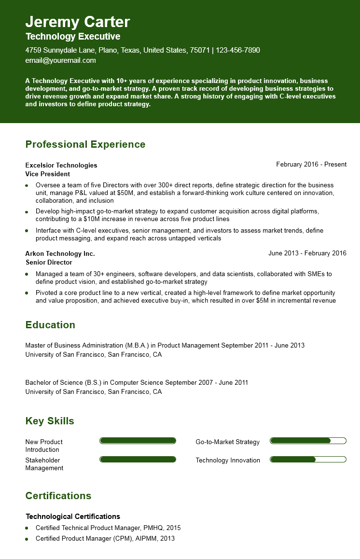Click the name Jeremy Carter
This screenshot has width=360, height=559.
coord(78,22)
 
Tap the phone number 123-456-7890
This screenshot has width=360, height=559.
coord(238,50)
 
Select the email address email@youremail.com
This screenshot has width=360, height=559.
coord(60,60)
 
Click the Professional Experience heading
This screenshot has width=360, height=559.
coord(85,144)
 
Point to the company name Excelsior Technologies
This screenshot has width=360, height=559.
coord(61,165)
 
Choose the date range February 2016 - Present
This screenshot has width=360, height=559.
coord(311,165)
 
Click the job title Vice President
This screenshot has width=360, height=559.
coord(48,174)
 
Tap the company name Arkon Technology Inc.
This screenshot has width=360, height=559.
coord(60,253)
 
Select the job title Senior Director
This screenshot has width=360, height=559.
coord(49,263)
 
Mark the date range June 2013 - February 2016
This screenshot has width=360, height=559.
coord(307,253)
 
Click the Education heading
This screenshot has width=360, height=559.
coord(50,325)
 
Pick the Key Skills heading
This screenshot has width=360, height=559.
coord(50,421)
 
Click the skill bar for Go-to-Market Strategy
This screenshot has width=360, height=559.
coord(308,441)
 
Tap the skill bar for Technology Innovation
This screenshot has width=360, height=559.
coord(308,460)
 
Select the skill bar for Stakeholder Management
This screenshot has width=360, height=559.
coord(138,460)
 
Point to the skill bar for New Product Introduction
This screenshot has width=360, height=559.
coord(138,441)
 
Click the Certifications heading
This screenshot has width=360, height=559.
coord(58,496)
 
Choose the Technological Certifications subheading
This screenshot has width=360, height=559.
coord(73,517)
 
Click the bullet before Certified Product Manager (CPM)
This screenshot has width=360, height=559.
coord(27,539)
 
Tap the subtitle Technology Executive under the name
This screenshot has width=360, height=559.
coord(73,37)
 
